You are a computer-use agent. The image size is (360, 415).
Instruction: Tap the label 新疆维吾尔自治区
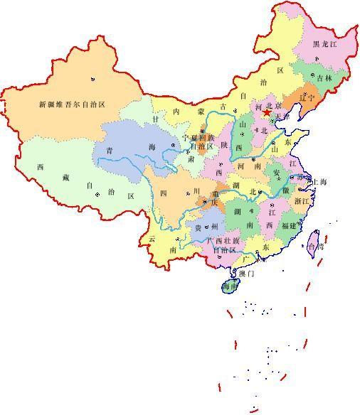[72, 104]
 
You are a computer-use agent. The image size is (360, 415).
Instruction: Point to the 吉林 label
[324, 78]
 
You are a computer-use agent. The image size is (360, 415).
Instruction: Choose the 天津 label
[282, 116]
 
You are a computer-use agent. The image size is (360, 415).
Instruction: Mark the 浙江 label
[301, 201]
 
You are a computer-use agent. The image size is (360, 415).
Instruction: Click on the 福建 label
[289, 225]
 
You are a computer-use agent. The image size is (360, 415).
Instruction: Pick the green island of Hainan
[230, 286]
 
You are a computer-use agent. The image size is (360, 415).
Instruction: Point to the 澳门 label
[246, 273]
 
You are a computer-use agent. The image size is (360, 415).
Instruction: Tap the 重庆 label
[212, 201]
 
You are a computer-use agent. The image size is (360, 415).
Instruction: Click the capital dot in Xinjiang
[92, 78]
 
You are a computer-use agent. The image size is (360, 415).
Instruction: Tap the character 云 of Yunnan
[152, 239]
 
